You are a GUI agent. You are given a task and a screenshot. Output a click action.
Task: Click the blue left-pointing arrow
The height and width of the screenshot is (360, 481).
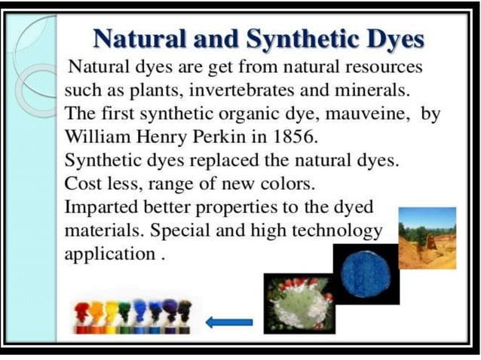point(228,322)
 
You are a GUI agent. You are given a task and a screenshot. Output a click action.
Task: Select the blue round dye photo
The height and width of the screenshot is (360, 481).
point(366,273)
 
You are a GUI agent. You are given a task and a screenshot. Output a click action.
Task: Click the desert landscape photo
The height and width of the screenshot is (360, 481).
point(427,238)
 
